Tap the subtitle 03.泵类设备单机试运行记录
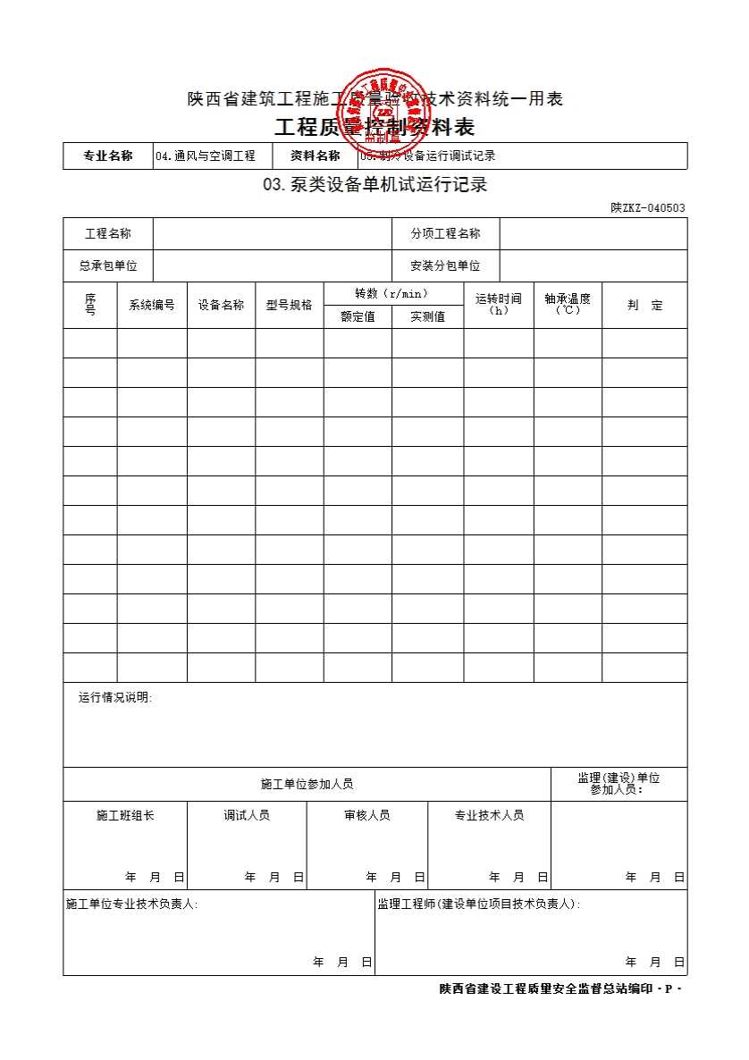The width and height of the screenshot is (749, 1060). [x=374, y=186]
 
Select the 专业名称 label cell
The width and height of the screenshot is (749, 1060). [x=107, y=156]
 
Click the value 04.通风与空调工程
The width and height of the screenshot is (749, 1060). [x=205, y=156]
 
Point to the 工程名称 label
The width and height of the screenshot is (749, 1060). [x=107, y=234]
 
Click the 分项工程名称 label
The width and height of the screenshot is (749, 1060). [x=445, y=234]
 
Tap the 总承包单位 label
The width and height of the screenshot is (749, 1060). [x=107, y=265]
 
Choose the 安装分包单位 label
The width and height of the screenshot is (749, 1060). [x=445, y=265]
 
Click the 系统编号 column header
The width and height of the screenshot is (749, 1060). [x=152, y=305]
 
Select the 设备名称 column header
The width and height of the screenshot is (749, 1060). [x=221, y=305]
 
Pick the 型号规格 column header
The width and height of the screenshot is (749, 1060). [x=289, y=305]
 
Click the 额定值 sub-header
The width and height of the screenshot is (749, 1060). [x=358, y=316]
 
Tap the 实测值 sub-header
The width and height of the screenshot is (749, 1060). [x=427, y=316]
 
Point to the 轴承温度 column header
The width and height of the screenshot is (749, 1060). [x=568, y=304]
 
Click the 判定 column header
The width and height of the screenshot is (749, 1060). [x=644, y=305]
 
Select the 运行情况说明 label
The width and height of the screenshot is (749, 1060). [x=115, y=698]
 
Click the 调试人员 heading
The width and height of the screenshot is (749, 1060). [x=247, y=815]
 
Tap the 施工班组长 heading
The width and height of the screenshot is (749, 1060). [x=125, y=815]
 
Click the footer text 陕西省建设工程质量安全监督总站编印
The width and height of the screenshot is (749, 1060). [x=545, y=988]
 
